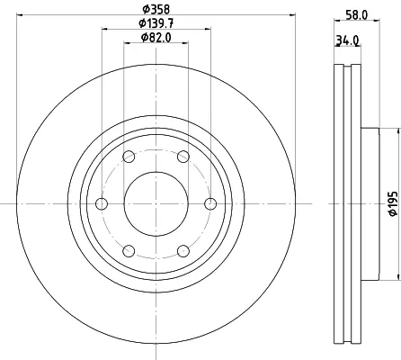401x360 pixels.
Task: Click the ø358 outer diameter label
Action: (x=156, y=9)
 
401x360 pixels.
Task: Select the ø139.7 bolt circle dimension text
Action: (x=156, y=23)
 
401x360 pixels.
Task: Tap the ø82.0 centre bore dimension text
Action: (x=156, y=38)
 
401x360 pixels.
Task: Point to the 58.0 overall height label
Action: (x=357, y=15)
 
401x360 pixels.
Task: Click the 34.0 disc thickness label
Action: (x=347, y=40)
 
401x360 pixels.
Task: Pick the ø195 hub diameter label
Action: (x=393, y=204)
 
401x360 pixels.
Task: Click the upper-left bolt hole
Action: (x=129, y=157)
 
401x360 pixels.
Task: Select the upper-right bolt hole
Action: (x=183, y=157)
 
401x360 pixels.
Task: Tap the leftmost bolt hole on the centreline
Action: (x=102, y=204)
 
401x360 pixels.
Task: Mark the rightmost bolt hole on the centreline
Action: (x=210, y=204)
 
